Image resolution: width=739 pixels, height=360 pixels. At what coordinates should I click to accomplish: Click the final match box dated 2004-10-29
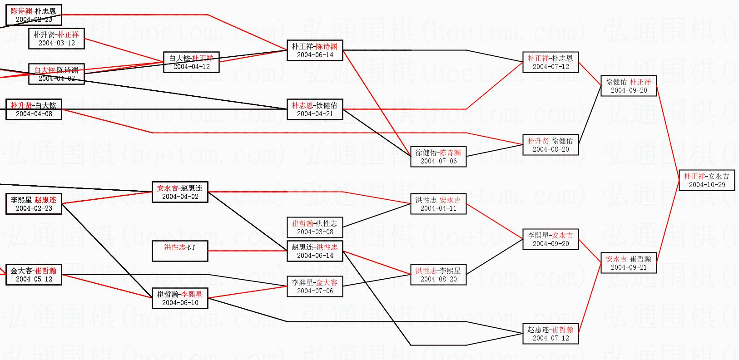(707, 180)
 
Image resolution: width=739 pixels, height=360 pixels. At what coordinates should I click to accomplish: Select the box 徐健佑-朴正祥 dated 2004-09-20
(629, 86)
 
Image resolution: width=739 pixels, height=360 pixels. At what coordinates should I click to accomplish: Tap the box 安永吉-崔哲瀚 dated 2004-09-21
(629, 263)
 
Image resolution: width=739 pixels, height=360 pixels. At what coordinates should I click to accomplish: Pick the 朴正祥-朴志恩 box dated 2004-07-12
(551, 62)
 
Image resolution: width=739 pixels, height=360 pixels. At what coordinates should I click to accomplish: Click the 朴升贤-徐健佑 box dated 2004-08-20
(551, 145)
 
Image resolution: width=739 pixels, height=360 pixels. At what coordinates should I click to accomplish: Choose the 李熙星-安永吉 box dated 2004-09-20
(551, 239)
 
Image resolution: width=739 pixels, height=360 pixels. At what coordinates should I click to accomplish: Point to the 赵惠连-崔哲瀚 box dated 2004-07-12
(551, 334)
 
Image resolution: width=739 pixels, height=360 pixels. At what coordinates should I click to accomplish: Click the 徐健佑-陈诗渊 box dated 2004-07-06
(438, 157)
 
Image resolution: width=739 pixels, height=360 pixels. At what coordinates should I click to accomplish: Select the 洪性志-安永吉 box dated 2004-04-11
(438, 204)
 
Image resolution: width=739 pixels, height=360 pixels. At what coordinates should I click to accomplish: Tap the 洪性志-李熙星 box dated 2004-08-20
(438, 275)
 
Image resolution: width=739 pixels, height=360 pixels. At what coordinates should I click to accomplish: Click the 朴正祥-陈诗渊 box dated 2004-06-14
(315, 50)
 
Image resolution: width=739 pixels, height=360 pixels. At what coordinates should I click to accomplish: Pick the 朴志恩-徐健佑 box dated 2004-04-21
(315, 109)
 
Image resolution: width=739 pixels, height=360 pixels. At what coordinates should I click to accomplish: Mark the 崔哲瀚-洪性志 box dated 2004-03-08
(315, 227)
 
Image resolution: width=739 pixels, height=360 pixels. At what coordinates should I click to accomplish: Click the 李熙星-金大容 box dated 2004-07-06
(315, 286)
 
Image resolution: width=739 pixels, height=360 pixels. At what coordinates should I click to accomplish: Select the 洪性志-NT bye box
(180, 251)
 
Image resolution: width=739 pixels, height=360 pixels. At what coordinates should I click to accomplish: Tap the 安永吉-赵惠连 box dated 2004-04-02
(180, 192)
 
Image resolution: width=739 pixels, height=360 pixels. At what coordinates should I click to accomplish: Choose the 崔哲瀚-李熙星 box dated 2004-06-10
(180, 298)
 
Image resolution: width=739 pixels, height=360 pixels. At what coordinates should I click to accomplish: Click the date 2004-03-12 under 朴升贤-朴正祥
(57, 43)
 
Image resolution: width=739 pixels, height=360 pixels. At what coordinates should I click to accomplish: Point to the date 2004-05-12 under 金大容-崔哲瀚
(34, 279)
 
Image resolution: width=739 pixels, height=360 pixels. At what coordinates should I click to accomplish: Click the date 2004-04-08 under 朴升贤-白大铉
(34, 114)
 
